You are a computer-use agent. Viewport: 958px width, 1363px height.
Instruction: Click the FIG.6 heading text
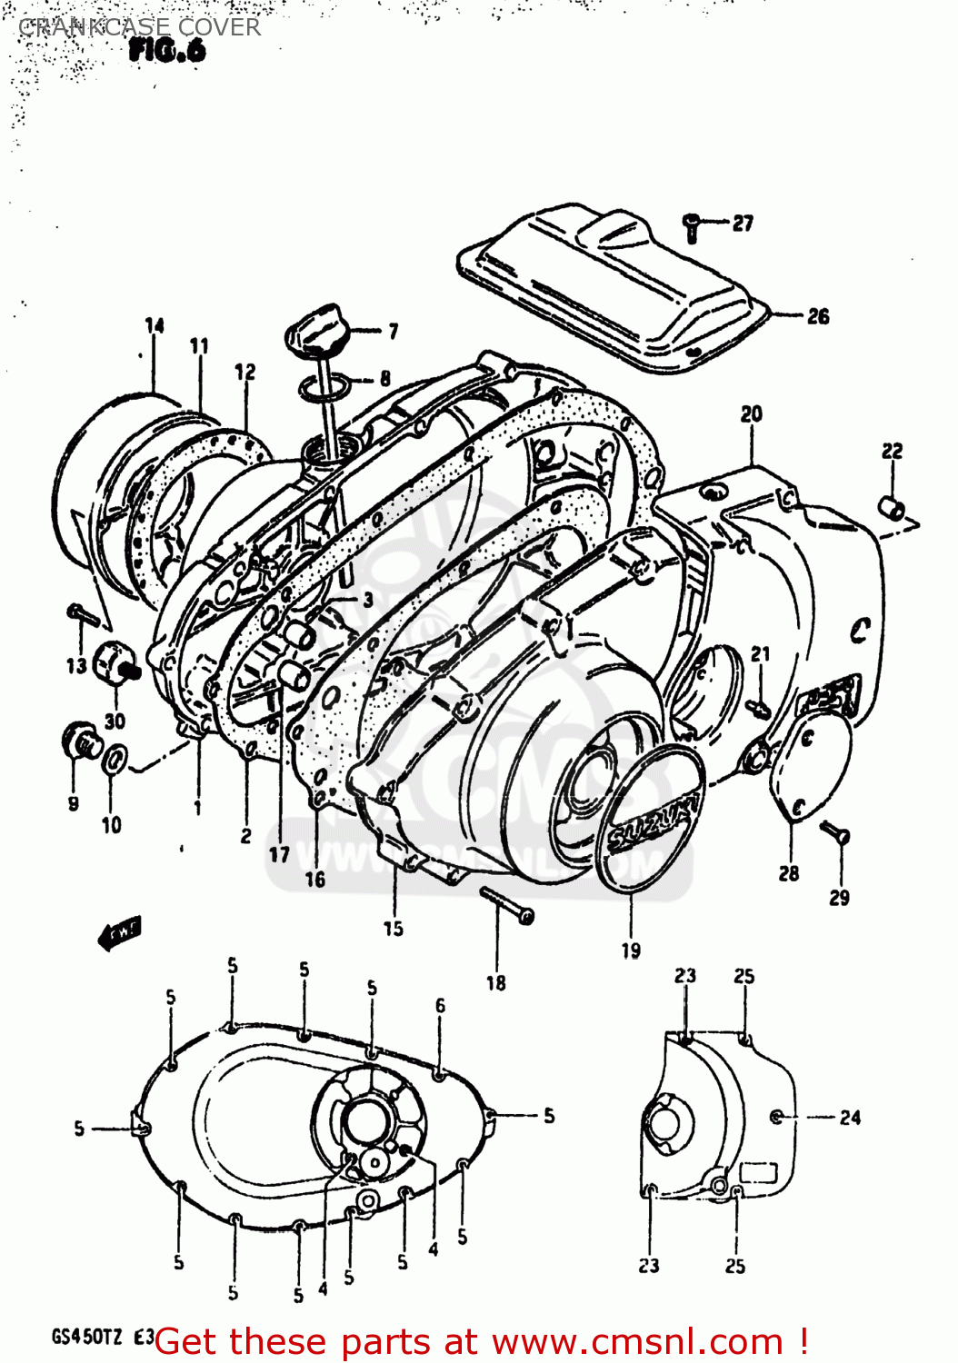click(167, 51)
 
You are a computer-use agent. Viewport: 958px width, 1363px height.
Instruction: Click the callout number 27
click(743, 223)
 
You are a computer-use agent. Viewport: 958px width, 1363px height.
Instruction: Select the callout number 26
click(818, 316)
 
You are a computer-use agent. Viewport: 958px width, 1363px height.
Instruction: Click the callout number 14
click(155, 325)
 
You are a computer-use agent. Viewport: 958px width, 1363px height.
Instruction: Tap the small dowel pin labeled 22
click(891, 506)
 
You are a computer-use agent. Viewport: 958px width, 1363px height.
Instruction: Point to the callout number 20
click(751, 414)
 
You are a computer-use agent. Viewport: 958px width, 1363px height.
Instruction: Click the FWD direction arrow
click(119, 933)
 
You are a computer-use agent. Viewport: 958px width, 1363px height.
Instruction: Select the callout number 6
click(440, 1005)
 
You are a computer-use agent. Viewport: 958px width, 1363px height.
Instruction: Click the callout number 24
click(850, 1118)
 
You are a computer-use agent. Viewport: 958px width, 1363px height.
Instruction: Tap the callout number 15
click(393, 929)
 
